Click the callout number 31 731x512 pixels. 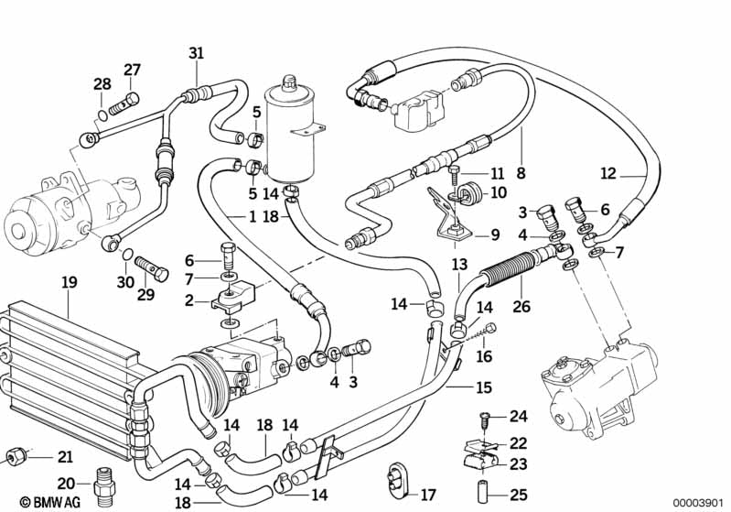point(196,52)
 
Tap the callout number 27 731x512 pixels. point(133,70)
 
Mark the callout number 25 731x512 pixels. point(519,496)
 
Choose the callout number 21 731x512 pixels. point(64,456)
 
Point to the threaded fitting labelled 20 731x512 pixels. point(103,482)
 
